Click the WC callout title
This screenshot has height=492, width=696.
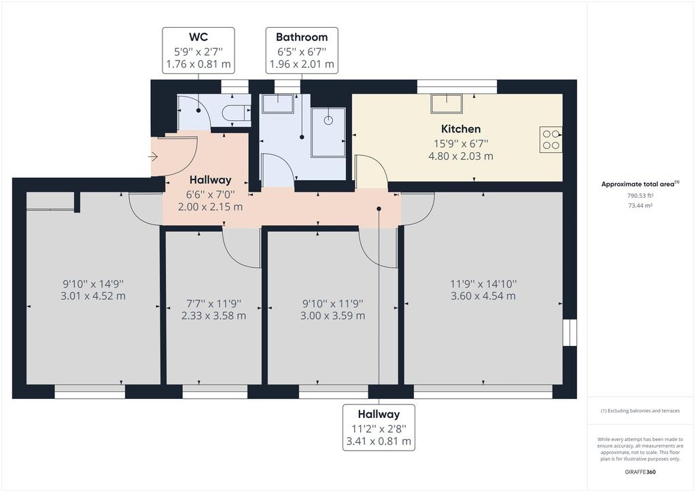click(198, 37)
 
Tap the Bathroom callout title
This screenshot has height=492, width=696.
click(302, 37)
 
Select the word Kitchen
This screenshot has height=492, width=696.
click(461, 129)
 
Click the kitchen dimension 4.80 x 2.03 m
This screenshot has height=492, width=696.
click(461, 156)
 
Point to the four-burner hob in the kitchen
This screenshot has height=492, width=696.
click(551, 140)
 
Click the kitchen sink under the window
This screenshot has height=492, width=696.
click(446, 103)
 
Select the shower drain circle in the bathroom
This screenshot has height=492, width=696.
click(328, 120)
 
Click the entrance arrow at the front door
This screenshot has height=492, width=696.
click(153, 156)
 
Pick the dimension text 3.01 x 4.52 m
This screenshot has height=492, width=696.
click(93, 296)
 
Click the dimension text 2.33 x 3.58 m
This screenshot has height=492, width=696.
click(213, 316)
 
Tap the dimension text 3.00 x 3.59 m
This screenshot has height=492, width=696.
click(332, 316)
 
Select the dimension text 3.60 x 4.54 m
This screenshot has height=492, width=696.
click(483, 296)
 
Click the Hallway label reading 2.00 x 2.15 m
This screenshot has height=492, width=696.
click(211, 207)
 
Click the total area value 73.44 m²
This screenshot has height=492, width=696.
click(640, 205)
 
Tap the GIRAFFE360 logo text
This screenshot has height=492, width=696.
click(640, 472)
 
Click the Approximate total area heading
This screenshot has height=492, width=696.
click(640, 183)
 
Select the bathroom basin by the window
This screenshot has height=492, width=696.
click(277, 103)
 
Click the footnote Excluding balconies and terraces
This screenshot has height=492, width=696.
click(640, 411)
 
